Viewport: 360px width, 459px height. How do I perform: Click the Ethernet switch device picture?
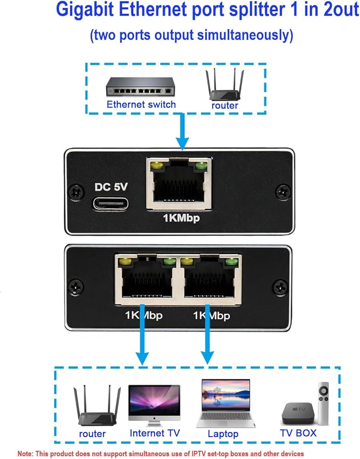141,86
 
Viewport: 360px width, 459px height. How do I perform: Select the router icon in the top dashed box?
225,84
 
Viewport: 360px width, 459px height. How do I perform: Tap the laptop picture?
226,404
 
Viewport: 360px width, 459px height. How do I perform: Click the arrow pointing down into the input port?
183,131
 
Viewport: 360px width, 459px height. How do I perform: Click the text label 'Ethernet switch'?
141,104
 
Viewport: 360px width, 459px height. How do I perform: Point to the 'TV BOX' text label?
298,432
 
